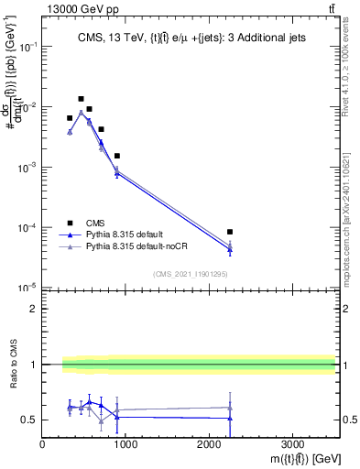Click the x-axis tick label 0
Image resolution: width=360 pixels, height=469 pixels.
tap(43, 444)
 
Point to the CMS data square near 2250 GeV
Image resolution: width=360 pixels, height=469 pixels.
tap(230, 232)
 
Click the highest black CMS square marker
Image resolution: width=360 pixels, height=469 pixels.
tap(81, 99)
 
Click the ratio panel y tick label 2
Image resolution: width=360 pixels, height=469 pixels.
tap(33, 309)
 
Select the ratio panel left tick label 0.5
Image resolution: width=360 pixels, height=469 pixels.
tap(29, 420)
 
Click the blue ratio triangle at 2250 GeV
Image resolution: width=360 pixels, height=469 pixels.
tap(230, 418)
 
